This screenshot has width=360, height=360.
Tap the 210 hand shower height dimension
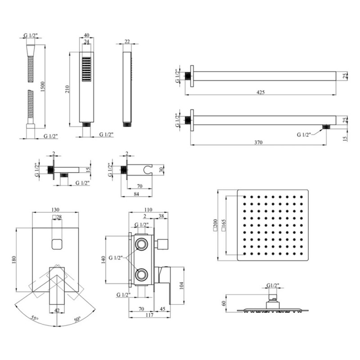67,89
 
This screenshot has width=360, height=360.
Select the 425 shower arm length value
261,92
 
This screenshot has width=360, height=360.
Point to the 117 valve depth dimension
142,315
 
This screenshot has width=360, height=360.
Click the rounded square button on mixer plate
57,245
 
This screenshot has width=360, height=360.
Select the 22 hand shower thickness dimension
127,41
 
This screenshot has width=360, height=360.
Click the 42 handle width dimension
57,310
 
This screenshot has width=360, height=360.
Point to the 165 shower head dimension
229,224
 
